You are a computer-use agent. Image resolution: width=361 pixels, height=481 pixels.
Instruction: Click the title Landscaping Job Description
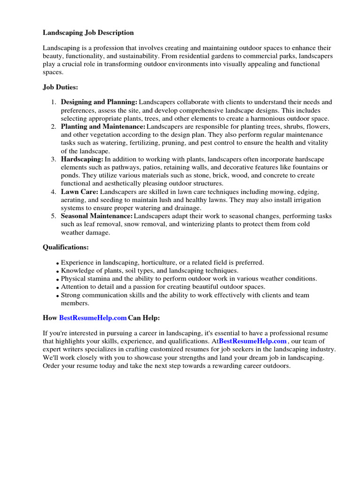pyautogui.click(x=88, y=32)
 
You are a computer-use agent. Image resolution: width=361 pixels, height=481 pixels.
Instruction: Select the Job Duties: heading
pyautogui.click(x=61, y=87)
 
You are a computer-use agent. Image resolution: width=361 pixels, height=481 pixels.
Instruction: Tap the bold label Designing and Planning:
pyautogui.click(x=99, y=102)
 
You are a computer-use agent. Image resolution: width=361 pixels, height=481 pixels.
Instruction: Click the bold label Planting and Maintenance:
pyautogui.click(x=103, y=127)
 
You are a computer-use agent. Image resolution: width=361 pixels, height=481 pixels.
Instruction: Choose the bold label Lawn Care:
pyautogui.click(x=79, y=192)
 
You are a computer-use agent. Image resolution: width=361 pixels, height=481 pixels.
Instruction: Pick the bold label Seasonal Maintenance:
pyautogui.click(x=97, y=216)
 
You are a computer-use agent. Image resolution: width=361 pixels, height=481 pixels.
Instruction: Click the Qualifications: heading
pyautogui.click(x=66, y=247)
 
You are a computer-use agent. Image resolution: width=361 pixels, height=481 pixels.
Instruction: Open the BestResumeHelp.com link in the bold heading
pyautogui.click(x=93, y=318)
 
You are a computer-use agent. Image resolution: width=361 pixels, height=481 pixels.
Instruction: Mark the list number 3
pyautogui.click(x=54, y=160)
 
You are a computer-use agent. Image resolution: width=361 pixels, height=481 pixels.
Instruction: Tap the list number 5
pyautogui.click(x=54, y=216)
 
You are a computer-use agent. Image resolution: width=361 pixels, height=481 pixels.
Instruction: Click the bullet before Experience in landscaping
pyautogui.click(x=58, y=264)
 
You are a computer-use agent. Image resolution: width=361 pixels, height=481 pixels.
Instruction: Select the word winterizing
pyautogui.click(x=185, y=225)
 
